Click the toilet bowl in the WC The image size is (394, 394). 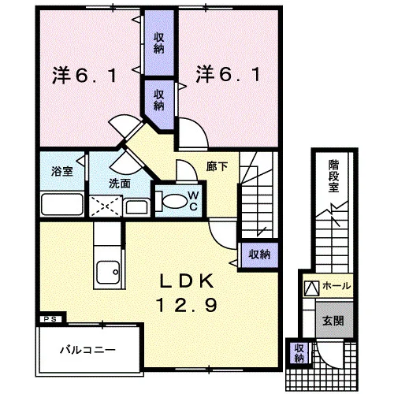click(x=173, y=201)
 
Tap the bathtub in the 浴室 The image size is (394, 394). click(x=62, y=204)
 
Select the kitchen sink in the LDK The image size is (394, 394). click(x=108, y=272)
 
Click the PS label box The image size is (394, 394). click(x=50, y=319)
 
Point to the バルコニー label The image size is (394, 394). click(x=88, y=350)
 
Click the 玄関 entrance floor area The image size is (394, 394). click(x=334, y=320)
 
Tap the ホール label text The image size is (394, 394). click(x=336, y=285)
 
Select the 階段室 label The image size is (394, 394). click(x=333, y=176)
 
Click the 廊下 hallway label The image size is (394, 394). click(x=217, y=166)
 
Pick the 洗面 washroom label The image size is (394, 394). click(x=120, y=184)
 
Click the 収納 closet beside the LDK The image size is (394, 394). click(x=259, y=255)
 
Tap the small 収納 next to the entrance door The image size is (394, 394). click(x=299, y=353)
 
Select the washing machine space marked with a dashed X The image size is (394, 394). click(x=106, y=206)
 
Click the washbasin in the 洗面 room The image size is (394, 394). click(x=136, y=206)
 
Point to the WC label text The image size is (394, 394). click(x=193, y=201)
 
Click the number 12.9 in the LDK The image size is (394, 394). click(x=188, y=306)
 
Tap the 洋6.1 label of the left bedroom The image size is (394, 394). click(x=84, y=76)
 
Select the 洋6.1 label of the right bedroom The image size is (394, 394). click(x=228, y=74)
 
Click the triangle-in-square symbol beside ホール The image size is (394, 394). click(x=311, y=288)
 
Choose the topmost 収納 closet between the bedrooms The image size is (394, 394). click(x=159, y=43)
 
